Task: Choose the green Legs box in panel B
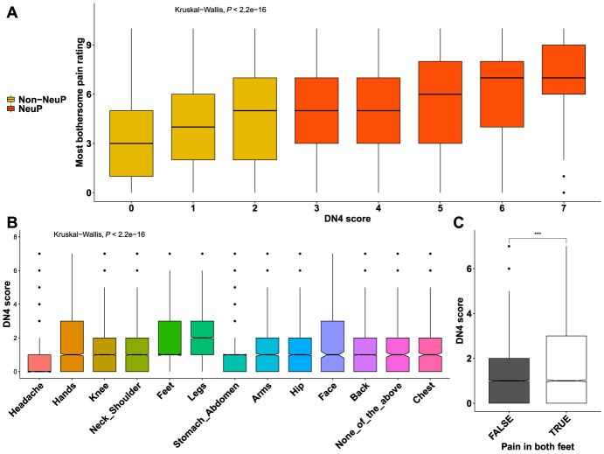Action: click(x=204, y=337)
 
